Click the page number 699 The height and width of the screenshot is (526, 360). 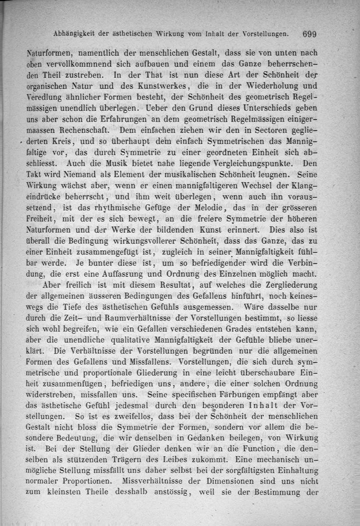pyautogui.click(x=310, y=34)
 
